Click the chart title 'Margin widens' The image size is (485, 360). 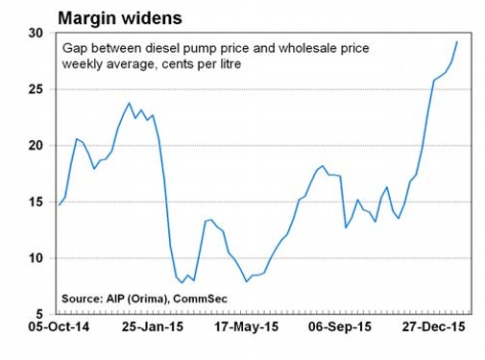[120, 18]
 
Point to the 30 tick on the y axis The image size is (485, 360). [36, 33]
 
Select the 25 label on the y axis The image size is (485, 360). [36, 89]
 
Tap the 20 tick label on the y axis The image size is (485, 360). [36, 146]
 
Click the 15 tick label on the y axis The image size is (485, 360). [36, 202]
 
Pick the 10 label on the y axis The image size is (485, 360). [36, 258]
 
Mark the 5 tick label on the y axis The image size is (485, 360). [39, 314]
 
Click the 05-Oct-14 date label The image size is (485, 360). [59, 327]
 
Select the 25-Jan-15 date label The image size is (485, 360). [153, 327]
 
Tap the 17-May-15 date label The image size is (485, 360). [246, 327]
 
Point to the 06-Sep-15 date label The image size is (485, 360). [340, 327]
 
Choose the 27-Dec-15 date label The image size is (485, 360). [433, 327]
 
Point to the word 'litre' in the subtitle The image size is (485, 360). [230, 64]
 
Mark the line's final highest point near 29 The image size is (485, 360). [457, 41]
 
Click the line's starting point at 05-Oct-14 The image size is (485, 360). [60, 204]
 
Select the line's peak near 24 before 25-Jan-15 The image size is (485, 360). [129, 103]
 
